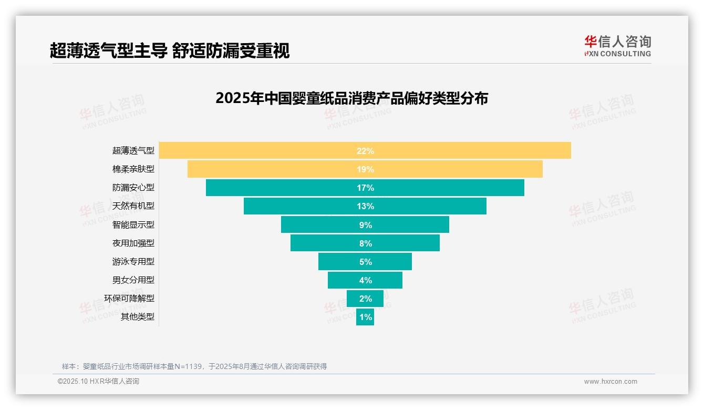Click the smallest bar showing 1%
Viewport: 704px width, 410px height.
click(365, 317)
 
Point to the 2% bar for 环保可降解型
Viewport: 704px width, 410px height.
click(365, 299)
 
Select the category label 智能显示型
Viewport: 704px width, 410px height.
click(133, 224)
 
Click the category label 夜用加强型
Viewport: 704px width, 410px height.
click(133, 243)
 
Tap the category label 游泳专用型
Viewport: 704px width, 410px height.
click(133, 261)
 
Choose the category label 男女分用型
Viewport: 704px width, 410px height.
click(133, 280)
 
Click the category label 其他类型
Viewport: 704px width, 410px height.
click(138, 316)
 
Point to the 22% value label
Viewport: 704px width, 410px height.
click(365, 151)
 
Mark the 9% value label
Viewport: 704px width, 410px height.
click(365, 225)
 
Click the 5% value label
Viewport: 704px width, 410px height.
click(365, 262)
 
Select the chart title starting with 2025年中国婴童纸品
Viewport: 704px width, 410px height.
click(351, 98)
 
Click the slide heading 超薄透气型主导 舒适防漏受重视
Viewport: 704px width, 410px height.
click(170, 50)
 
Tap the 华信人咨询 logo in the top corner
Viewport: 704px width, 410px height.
click(617, 46)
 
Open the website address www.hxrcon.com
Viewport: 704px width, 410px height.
click(610, 382)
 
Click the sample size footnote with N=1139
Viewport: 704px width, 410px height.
click(194, 366)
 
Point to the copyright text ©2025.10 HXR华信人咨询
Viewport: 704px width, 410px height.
click(98, 382)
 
